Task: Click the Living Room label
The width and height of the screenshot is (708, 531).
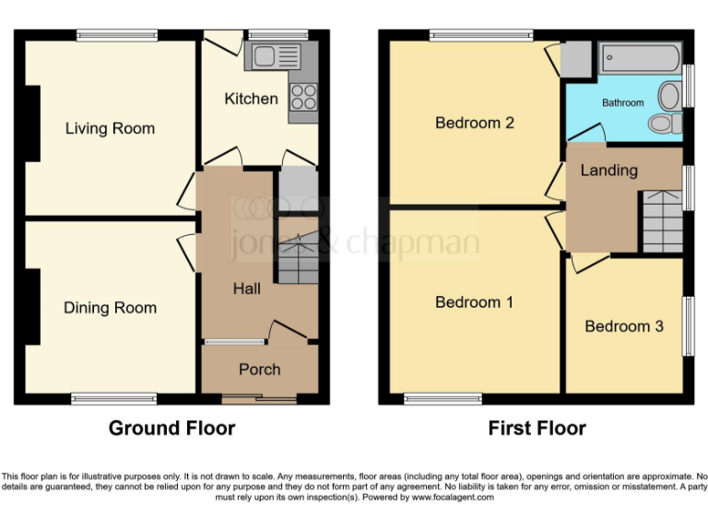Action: (x=110, y=128)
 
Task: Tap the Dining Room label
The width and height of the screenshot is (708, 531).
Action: (x=110, y=308)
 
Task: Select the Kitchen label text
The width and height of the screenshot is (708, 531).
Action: (x=251, y=99)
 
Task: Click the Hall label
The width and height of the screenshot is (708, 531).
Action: (x=246, y=289)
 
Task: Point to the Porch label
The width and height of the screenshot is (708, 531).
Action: (x=259, y=369)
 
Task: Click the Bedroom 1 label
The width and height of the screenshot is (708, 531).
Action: (x=474, y=302)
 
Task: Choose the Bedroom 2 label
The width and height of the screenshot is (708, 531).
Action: (x=474, y=123)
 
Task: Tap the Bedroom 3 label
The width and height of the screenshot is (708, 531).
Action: (x=623, y=326)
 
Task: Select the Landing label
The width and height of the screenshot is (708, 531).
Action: (x=608, y=171)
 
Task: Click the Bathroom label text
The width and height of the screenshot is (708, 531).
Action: (x=622, y=102)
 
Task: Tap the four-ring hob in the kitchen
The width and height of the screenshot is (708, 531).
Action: (x=303, y=97)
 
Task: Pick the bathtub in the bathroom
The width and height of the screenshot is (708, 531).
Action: (x=640, y=59)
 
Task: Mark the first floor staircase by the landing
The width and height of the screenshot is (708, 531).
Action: (x=662, y=221)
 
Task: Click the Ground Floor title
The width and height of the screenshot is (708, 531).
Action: (x=171, y=428)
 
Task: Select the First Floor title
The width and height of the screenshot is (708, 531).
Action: (x=537, y=428)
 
